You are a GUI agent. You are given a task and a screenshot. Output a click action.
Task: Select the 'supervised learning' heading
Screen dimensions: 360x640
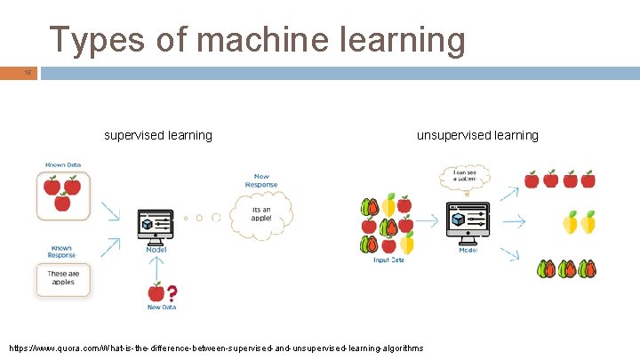(158, 135)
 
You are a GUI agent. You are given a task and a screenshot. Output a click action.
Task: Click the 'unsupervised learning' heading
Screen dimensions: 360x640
(478, 135)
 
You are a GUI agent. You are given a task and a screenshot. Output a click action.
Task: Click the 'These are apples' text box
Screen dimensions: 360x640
(63, 278)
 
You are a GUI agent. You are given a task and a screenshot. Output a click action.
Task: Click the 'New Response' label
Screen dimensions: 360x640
(261, 180)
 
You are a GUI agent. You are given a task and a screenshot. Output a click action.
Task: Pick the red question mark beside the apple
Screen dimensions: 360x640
(172, 292)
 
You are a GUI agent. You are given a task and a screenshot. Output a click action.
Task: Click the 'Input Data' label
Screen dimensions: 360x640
(388, 260)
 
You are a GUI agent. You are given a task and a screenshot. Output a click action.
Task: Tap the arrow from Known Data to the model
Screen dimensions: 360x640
(111, 211)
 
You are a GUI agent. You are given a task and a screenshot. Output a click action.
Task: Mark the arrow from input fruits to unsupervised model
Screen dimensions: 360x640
(431, 222)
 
